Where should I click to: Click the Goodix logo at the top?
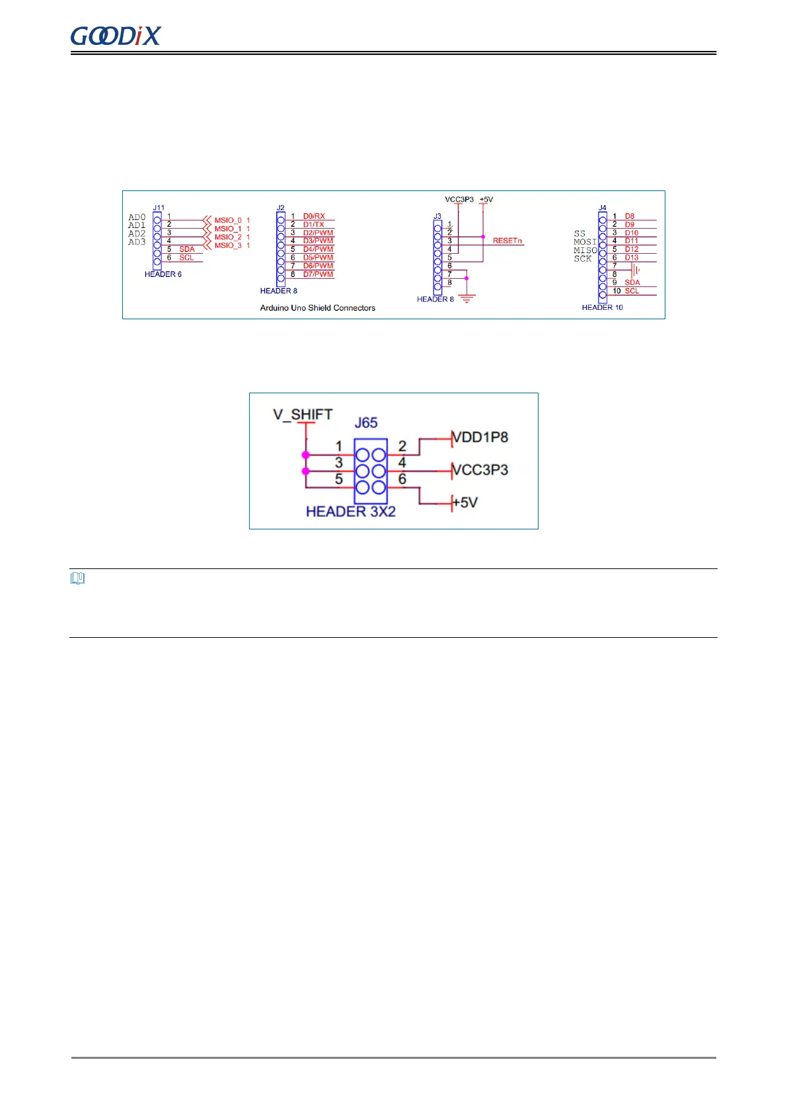[116, 36]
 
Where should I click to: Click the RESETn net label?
[507, 241]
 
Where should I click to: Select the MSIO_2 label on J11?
[228, 237]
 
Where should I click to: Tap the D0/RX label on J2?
[314, 216]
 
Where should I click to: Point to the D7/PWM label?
[318, 274]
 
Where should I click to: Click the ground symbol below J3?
[467, 299]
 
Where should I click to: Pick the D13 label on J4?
[632, 258]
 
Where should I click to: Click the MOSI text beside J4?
[585, 242]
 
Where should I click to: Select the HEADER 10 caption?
[602, 307]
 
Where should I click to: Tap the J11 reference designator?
[159, 208]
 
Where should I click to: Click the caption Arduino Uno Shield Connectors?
[317, 308]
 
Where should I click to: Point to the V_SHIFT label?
[303, 414]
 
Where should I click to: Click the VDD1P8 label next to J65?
[480, 438]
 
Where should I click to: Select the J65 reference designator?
[366, 423]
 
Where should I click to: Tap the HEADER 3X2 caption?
[350, 512]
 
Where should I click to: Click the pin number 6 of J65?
[402, 479]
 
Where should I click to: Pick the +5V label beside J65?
[465, 502]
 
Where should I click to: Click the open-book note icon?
[77, 579]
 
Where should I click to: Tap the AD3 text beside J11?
[137, 242]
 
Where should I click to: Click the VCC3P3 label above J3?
[459, 200]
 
